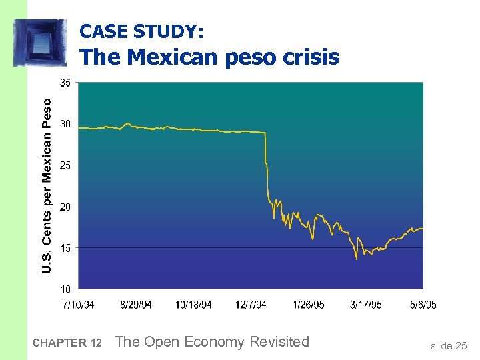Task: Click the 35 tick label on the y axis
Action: tap(66, 83)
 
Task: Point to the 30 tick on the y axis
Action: tap(66, 124)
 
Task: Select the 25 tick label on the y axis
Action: tap(66, 165)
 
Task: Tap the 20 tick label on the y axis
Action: tap(66, 207)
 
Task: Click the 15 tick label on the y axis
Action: tap(66, 248)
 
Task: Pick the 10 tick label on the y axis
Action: tap(66, 289)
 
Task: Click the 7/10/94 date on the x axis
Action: tap(78, 305)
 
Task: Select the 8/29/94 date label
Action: tap(136, 305)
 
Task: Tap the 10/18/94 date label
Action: tap(193, 305)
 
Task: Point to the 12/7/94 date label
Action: tap(251, 305)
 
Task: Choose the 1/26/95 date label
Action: tap(309, 305)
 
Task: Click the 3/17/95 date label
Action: tap(366, 305)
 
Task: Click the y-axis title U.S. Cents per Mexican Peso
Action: tap(46, 185)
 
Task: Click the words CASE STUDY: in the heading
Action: tap(141, 31)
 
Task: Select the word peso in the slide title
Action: tap(254, 58)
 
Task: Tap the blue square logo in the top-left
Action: tap(40, 43)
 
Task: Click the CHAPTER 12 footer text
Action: tap(67, 343)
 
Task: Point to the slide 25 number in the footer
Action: tap(449, 345)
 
